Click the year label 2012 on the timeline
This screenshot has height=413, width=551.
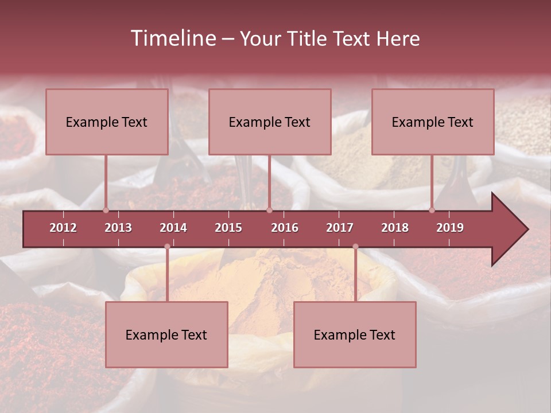[63, 228]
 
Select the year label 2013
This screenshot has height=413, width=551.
[118, 228]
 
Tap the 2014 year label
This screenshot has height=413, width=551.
[173, 228]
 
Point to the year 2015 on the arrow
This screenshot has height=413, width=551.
[228, 228]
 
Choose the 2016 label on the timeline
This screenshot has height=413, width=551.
[285, 228]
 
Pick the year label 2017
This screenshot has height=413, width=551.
[340, 228]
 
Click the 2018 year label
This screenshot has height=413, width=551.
[395, 228]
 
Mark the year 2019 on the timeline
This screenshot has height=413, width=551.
[450, 228]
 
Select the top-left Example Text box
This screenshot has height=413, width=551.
[107, 122]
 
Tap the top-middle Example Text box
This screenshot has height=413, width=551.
[270, 122]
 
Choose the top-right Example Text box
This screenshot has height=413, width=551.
[433, 122]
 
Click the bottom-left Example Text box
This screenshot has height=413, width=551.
[166, 334]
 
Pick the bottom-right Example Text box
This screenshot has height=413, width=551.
[355, 334]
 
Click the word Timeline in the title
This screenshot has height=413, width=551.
[172, 38]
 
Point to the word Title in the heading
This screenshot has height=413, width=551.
[308, 38]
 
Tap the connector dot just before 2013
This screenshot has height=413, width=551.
[106, 210]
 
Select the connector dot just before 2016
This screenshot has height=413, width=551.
[269, 210]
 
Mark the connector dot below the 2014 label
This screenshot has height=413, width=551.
[167, 247]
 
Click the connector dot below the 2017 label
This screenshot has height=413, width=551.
[355, 247]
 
